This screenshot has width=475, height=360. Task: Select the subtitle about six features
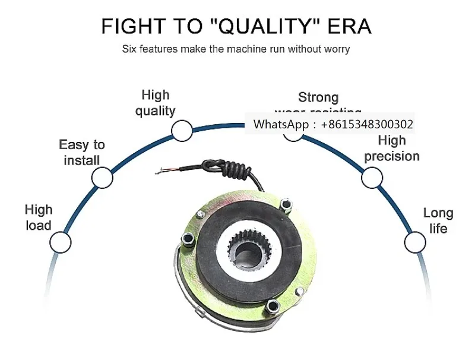236,49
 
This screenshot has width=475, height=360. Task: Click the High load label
39,217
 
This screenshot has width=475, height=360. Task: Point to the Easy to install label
82,152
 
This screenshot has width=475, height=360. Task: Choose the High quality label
156,103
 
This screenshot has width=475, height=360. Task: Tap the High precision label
392,148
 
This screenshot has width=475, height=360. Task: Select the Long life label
438,220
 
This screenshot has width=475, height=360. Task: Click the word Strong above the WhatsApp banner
318,97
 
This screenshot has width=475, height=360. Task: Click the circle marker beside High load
60,242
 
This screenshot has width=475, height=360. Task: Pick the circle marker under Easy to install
102,177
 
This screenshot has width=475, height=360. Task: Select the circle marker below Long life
415,242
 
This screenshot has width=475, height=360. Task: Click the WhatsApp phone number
367,125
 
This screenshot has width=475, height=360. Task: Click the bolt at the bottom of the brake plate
273,307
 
